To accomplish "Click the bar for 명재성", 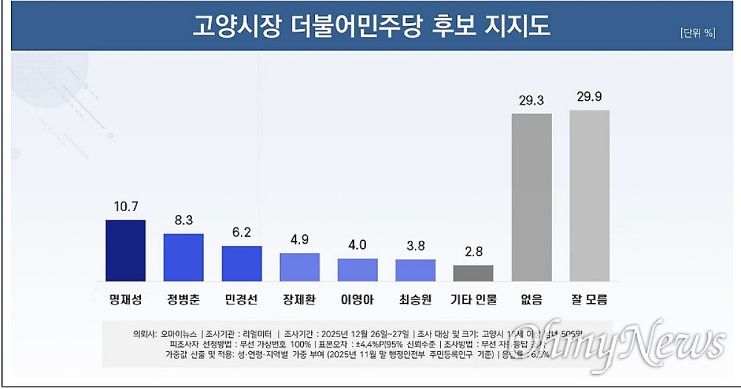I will pos(125,250).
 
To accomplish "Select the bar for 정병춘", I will pos(183,257).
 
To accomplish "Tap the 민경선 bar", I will pos(241,264).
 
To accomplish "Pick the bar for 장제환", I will pos(299,267).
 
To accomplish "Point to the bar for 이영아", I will pos(358,270).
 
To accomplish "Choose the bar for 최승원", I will pos(416,270).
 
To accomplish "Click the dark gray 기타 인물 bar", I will pos(474,273).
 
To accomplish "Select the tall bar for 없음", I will pos(532,197).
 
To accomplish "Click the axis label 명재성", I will pos(125,300).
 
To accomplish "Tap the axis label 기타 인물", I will pos(474,300).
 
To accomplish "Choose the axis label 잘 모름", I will pos(590,300).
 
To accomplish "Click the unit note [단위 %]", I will pos(698,34).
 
